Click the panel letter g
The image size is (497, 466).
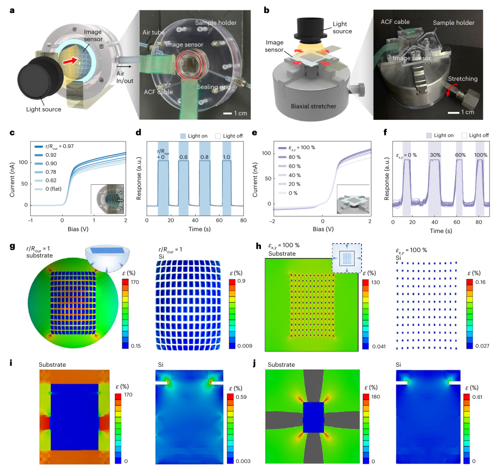(12, 247)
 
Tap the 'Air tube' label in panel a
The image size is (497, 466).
(153, 32)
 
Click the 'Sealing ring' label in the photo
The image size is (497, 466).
(214, 87)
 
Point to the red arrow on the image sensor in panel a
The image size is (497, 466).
(70, 61)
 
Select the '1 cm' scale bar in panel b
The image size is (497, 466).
(454, 113)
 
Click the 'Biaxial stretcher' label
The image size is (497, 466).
(313, 106)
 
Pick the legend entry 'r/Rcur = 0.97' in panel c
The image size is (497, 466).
(54, 146)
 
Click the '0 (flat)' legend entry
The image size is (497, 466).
(48, 189)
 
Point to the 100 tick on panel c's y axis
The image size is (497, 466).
(23, 162)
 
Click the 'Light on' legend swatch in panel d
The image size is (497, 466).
(183, 136)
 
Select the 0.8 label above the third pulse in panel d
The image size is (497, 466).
(204, 157)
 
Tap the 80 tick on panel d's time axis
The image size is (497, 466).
(243, 220)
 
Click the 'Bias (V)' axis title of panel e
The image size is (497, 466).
(323, 229)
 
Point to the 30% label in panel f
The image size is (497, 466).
(435, 155)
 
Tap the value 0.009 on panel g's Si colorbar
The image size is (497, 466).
(245, 346)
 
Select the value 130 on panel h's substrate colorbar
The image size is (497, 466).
(376, 282)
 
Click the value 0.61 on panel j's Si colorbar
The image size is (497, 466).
(477, 397)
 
